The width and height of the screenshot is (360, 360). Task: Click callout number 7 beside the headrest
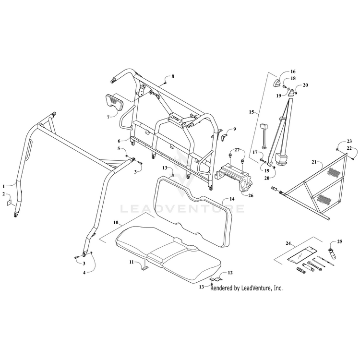point(108,117)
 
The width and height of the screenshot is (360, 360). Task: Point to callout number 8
point(173,76)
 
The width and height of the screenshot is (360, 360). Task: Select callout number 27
point(237,150)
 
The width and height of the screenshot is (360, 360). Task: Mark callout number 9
point(235,129)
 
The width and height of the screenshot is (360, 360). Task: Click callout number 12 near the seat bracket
point(230,273)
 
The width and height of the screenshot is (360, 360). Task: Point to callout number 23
point(349,141)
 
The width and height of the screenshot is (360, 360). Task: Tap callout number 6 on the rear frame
point(119,141)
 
